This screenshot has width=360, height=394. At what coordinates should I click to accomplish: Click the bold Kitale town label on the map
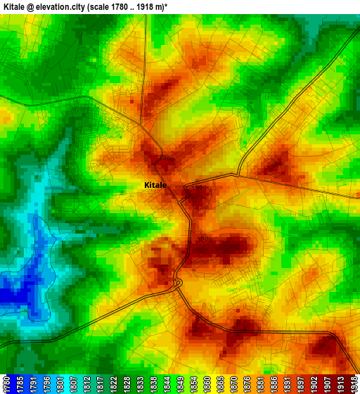tap(155, 185)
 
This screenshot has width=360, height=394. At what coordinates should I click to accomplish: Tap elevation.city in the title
tap(75, 6)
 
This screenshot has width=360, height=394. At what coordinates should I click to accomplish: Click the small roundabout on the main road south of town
tap(177, 283)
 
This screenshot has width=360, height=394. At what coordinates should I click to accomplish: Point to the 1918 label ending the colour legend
tap(354, 383)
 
